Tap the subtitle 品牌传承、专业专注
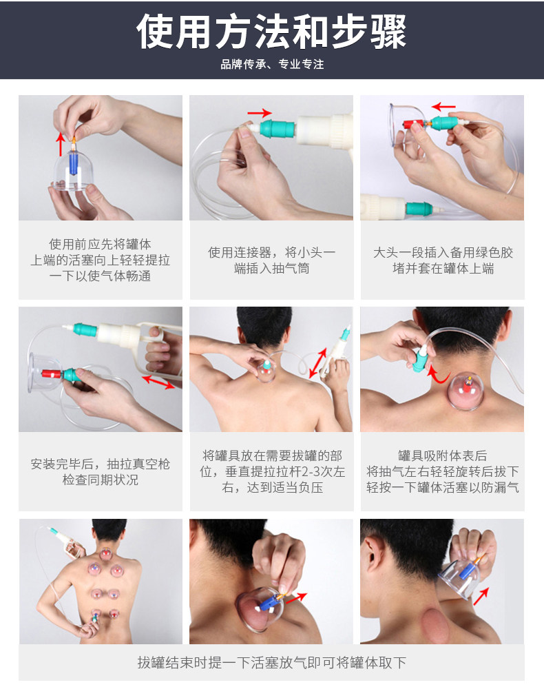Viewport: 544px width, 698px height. tap(272, 64)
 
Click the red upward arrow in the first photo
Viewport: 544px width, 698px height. tap(61, 143)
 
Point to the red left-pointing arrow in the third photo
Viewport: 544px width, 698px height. tap(443, 106)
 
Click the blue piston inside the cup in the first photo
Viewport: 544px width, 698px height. tap(73, 162)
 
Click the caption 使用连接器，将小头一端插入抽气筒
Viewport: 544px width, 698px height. tap(272, 260)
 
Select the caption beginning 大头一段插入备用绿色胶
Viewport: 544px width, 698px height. tap(443, 260)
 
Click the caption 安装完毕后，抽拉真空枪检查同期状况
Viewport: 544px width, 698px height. tap(101, 472)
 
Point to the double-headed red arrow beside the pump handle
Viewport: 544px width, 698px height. tap(158, 382)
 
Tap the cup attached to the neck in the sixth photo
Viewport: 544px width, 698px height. tap(465, 391)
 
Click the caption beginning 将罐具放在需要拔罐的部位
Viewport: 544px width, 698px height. tap(272, 471)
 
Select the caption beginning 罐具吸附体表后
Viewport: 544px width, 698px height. tap(443, 471)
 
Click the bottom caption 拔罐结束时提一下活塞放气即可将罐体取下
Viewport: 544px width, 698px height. tap(271, 663)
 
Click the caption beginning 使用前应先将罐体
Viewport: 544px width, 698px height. tap(101, 260)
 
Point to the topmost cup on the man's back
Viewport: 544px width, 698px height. tap(105, 554)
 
